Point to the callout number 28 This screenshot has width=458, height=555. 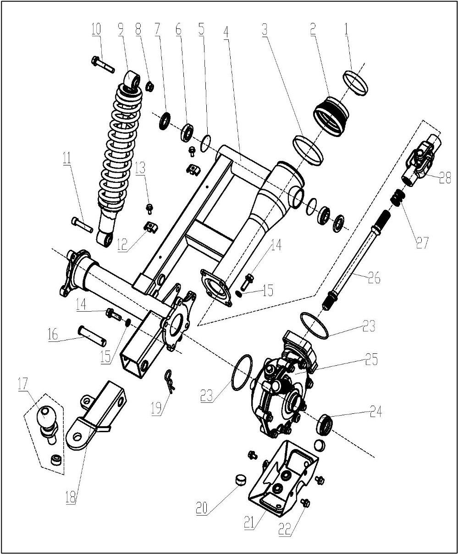click(444, 178)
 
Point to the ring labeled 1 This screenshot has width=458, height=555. click(356, 83)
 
